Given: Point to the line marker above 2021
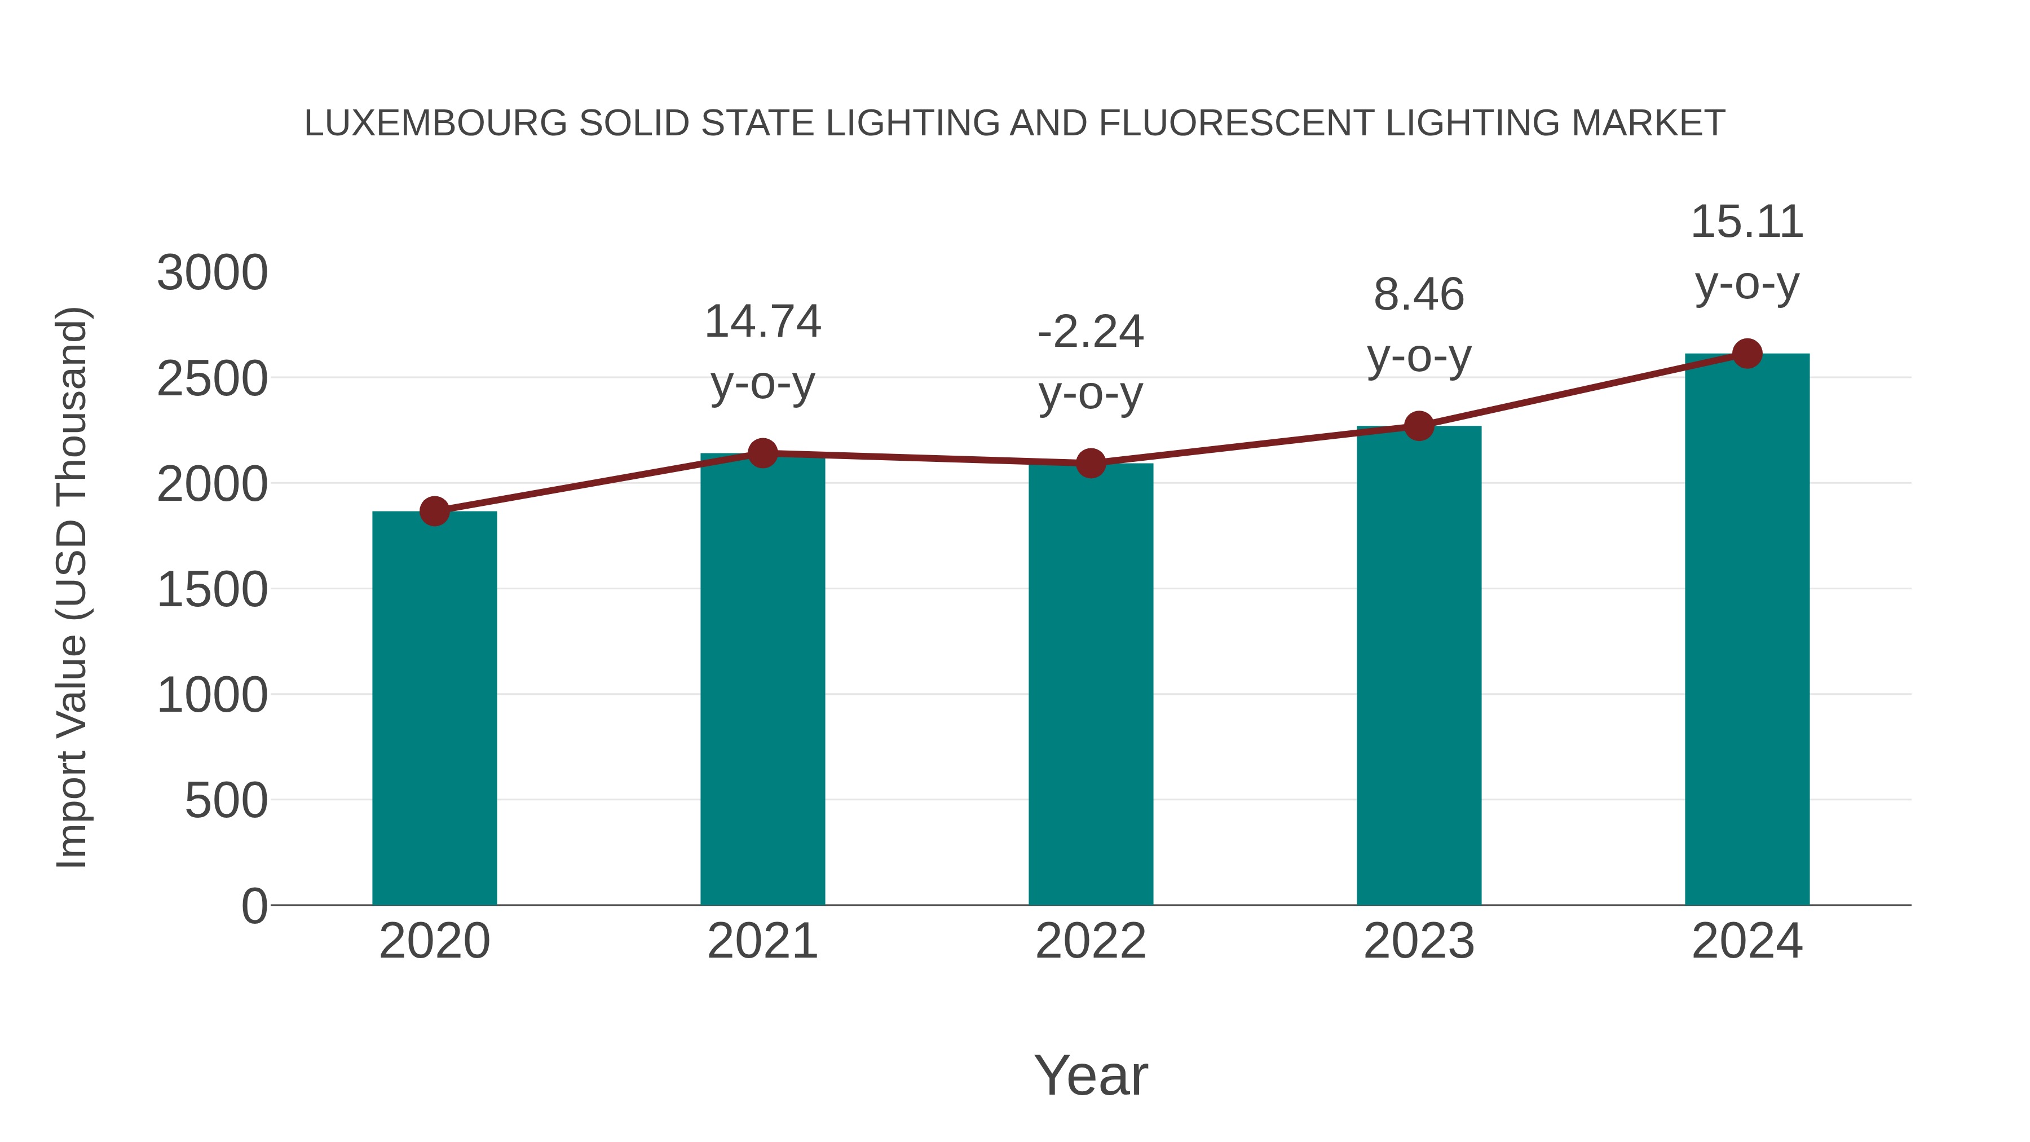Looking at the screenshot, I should pos(762,453).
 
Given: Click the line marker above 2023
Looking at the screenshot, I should pos(1419,426).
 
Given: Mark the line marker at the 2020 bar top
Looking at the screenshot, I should pos(434,512).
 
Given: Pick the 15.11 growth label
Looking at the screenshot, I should pos(1747,222).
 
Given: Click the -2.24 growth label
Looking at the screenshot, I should pos(1091,332).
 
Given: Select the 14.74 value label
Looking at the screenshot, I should pos(762,323).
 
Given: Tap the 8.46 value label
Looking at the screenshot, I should pos(1419,296).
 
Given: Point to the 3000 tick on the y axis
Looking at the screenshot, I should pos(212,274).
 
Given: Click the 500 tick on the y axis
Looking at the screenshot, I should pos(226,801).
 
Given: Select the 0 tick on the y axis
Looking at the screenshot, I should pos(254,906).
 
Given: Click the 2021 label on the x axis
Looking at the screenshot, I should pos(762,941).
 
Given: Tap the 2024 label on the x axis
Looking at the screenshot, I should pos(1747,941).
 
